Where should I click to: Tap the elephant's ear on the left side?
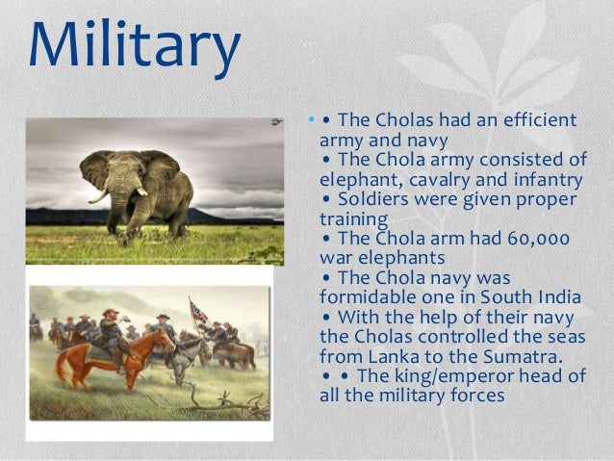pos(96,170)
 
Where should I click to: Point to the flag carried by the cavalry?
pos(196,310)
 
